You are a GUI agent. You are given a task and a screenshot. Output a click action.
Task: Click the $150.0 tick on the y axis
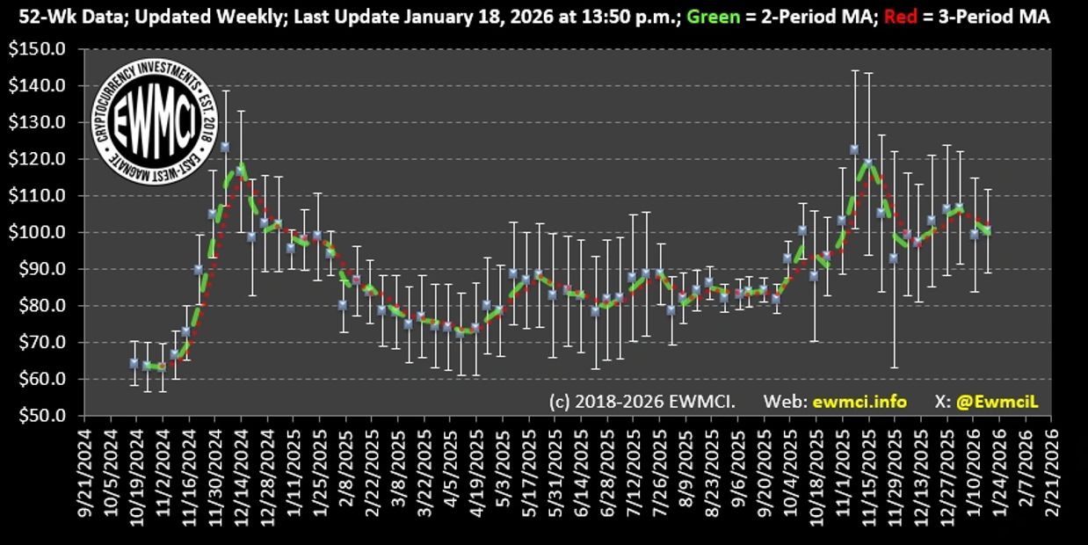click(x=43, y=49)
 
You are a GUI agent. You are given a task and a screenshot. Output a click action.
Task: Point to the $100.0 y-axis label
click(x=43, y=232)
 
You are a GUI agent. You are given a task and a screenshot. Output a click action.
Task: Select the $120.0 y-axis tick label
click(x=43, y=159)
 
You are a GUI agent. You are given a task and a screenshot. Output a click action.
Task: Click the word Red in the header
click(x=875, y=18)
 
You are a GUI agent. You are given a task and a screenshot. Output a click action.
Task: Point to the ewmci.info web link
click(x=847, y=402)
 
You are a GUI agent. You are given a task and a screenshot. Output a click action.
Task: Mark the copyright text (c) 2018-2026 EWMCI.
click(x=642, y=402)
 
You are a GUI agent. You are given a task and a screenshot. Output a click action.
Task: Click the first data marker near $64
click(x=134, y=363)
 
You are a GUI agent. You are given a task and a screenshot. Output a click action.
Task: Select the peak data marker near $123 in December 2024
click(x=225, y=147)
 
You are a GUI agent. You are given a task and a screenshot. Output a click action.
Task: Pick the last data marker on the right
click(x=987, y=231)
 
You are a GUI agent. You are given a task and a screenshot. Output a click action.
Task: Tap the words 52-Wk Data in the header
click(x=54, y=18)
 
